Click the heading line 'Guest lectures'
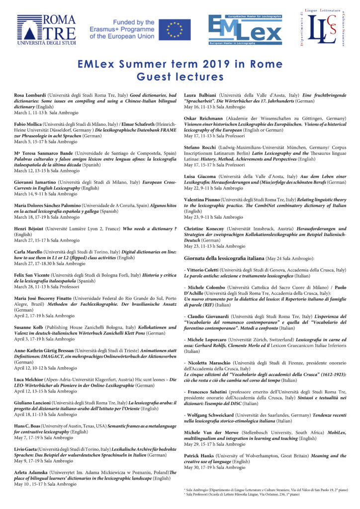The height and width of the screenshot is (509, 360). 180,77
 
